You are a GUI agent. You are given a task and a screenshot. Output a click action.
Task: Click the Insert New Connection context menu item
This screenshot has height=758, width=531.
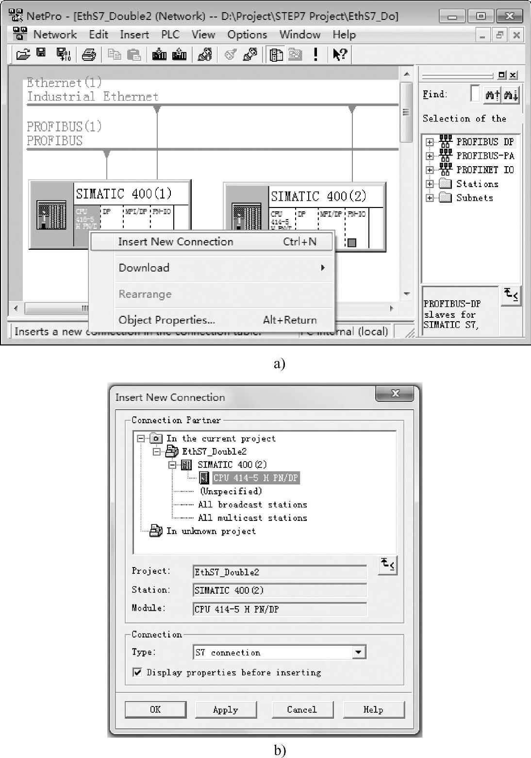pyautogui.click(x=175, y=241)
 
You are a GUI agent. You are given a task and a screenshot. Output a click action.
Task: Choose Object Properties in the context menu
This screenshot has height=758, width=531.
pyautogui.click(x=166, y=320)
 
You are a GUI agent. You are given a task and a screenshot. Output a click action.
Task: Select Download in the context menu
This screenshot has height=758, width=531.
pyautogui.click(x=144, y=268)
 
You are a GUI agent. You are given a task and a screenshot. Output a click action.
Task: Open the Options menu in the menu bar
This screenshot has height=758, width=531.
pyautogui.click(x=247, y=34)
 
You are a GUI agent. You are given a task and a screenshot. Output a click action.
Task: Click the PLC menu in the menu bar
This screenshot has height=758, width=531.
pyautogui.click(x=170, y=34)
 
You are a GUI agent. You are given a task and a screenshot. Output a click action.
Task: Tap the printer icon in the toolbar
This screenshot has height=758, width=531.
pyautogui.click(x=89, y=54)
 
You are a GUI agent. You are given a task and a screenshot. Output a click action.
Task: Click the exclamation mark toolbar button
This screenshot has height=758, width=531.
pyautogui.click(x=315, y=54)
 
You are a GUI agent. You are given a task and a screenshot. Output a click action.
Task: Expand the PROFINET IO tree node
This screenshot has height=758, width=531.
pyautogui.click(x=430, y=170)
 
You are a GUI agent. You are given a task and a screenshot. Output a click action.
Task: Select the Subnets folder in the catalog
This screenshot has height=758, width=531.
pyautogui.click(x=474, y=198)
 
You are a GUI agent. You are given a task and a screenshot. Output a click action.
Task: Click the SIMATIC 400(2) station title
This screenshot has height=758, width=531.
pyautogui.click(x=318, y=196)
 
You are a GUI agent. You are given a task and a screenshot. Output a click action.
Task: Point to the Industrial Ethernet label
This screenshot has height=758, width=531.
pyautogui.click(x=93, y=97)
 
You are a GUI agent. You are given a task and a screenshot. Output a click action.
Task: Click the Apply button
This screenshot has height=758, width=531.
pyautogui.click(x=226, y=709)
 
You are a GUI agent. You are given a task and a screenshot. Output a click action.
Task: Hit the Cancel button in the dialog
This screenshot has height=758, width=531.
pyautogui.click(x=302, y=709)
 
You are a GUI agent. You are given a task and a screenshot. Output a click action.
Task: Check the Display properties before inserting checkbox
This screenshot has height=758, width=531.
pyautogui.click(x=138, y=672)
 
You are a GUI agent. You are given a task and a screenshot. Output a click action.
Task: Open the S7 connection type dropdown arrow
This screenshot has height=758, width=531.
pyautogui.click(x=359, y=652)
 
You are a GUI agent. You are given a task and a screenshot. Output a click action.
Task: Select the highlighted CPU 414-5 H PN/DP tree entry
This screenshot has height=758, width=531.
pyautogui.click(x=255, y=478)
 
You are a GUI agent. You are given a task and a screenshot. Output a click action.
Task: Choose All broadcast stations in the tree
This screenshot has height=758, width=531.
pyautogui.click(x=252, y=504)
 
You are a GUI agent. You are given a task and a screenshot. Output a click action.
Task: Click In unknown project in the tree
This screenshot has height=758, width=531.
pyautogui.click(x=211, y=531)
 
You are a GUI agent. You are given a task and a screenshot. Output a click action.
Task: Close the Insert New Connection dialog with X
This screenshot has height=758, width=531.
pyautogui.click(x=396, y=393)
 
